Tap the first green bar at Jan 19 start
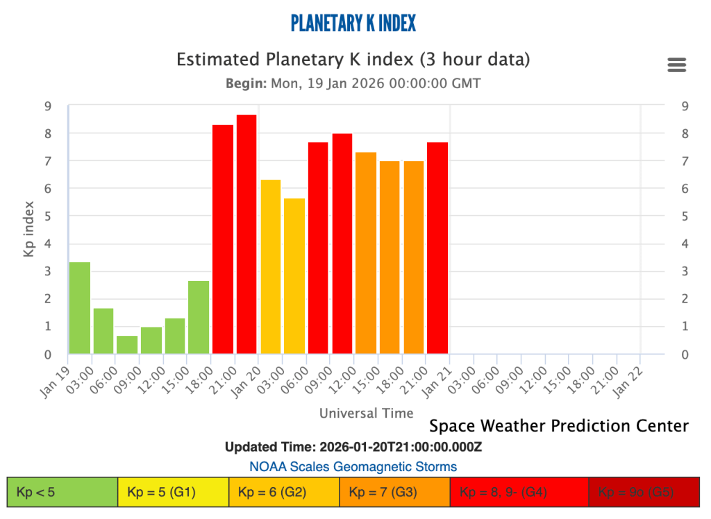pyautogui.click(x=80, y=308)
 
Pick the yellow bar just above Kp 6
pyautogui.click(x=270, y=267)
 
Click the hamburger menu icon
pyautogui.click(x=676, y=65)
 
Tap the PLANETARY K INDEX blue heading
pyautogui.click(x=353, y=23)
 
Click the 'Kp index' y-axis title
pyautogui.click(x=29, y=229)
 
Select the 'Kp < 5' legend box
pyautogui.click(x=62, y=493)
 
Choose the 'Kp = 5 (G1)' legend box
pyautogui.click(x=173, y=493)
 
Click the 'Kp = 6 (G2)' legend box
pyautogui.click(x=284, y=493)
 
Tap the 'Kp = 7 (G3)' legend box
pyautogui.click(x=394, y=493)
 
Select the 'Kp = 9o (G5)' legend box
pyautogui.click(x=643, y=493)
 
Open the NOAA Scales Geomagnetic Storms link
pyautogui.click(x=353, y=466)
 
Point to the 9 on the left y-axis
pyautogui.click(x=47, y=105)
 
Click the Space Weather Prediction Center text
pyautogui.click(x=559, y=425)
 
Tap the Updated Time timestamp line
pyautogui.click(x=353, y=446)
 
